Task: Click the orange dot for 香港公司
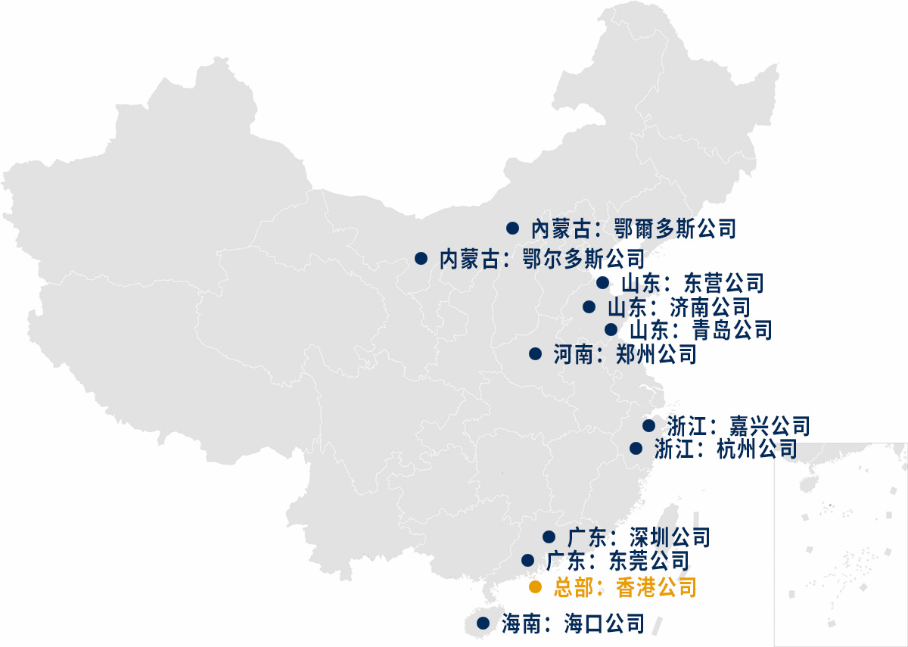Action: (535, 587)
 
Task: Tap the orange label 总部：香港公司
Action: (624, 587)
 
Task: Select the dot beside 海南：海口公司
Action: (483, 624)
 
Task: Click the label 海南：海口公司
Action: (573, 624)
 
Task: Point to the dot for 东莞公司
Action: (527, 560)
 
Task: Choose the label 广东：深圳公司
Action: (639, 537)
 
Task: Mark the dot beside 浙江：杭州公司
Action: (636, 448)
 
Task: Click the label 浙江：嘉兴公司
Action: (739, 425)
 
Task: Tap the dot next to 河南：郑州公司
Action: (535, 353)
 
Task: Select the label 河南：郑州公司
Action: (624, 353)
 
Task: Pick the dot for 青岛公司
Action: (611, 329)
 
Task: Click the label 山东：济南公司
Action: (678, 307)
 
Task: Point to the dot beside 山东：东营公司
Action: (602, 283)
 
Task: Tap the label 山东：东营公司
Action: (692, 283)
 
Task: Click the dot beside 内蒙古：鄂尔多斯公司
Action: (421, 259)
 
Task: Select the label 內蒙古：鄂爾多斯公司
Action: (633, 227)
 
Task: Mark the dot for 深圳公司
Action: (549, 537)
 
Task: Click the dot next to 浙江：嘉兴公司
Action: (648, 425)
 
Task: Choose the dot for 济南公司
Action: (589, 306)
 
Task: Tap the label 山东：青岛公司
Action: (700, 330)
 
